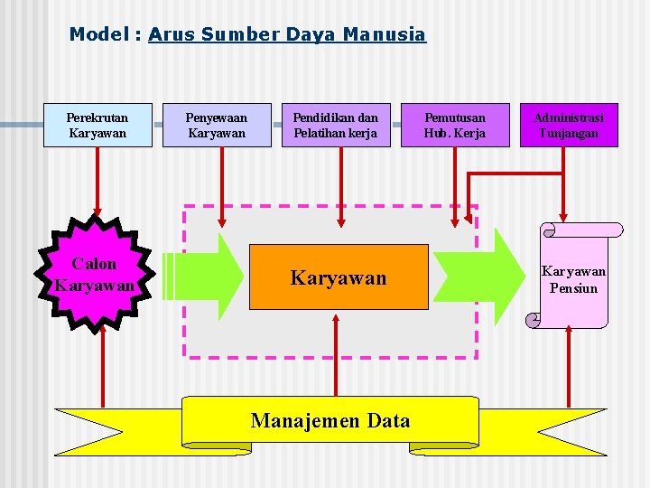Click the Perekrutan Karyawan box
(97, 126)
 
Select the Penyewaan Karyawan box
(217, 126)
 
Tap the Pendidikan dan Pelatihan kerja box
(336, 126)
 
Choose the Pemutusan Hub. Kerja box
(454, 126)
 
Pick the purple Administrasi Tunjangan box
(569, 126)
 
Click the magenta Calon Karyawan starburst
(94, 274)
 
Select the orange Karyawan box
(338, 277)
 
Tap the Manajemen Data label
(330, 420)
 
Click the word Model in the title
(99, 34)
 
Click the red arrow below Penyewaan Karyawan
(222, 185)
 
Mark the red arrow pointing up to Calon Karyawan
(104, 361)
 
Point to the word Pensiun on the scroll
(573, 288)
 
